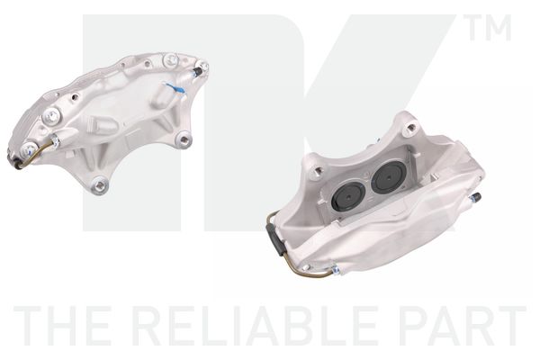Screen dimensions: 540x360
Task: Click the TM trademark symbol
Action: click(490, 28)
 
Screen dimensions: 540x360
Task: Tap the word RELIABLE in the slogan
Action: click(254, 325)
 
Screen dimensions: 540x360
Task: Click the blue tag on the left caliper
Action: click(175, 89)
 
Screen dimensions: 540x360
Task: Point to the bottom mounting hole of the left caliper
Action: click(99, 186)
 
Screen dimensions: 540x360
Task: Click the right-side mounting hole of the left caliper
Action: click(184, 139)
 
